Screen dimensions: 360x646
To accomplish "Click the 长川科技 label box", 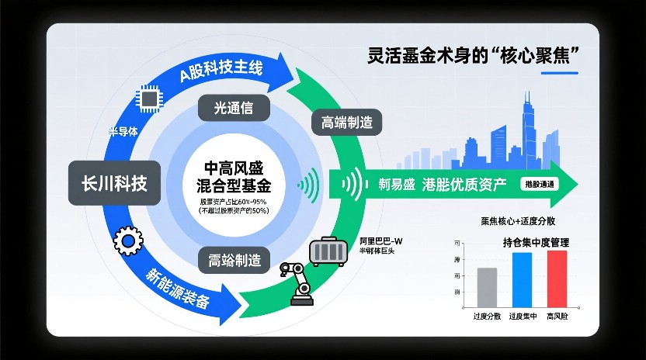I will [x=114, y=183].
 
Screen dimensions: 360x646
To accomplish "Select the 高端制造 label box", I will [x=346, y=122].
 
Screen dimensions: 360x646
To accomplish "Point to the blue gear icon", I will [x=128, y=242].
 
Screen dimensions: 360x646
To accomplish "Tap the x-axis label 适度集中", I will [x=523, y=317].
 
